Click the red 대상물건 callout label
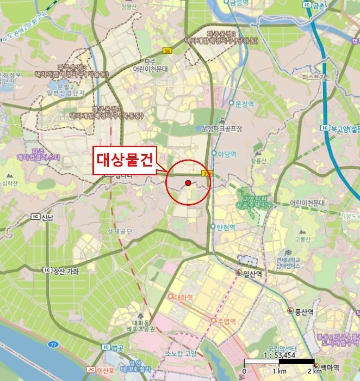[x=125, y=160]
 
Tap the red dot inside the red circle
[x=188, y=183]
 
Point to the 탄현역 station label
[x=226, y=227]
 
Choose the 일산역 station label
[x=252, y=273]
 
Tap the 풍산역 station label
[x=305, y=311]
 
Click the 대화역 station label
[x=183, y=297]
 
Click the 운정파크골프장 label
[x=220, y=129]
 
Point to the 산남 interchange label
[x=47, y=218]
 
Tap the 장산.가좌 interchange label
[x=64, y=271]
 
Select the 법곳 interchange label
[x=117, y=347]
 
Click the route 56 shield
[x=167, y=51]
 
